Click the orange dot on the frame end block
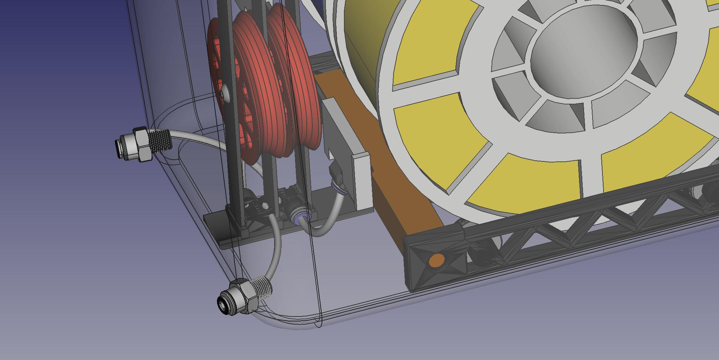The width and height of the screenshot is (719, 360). (437, 261)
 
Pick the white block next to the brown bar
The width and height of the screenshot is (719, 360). (361, 181)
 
